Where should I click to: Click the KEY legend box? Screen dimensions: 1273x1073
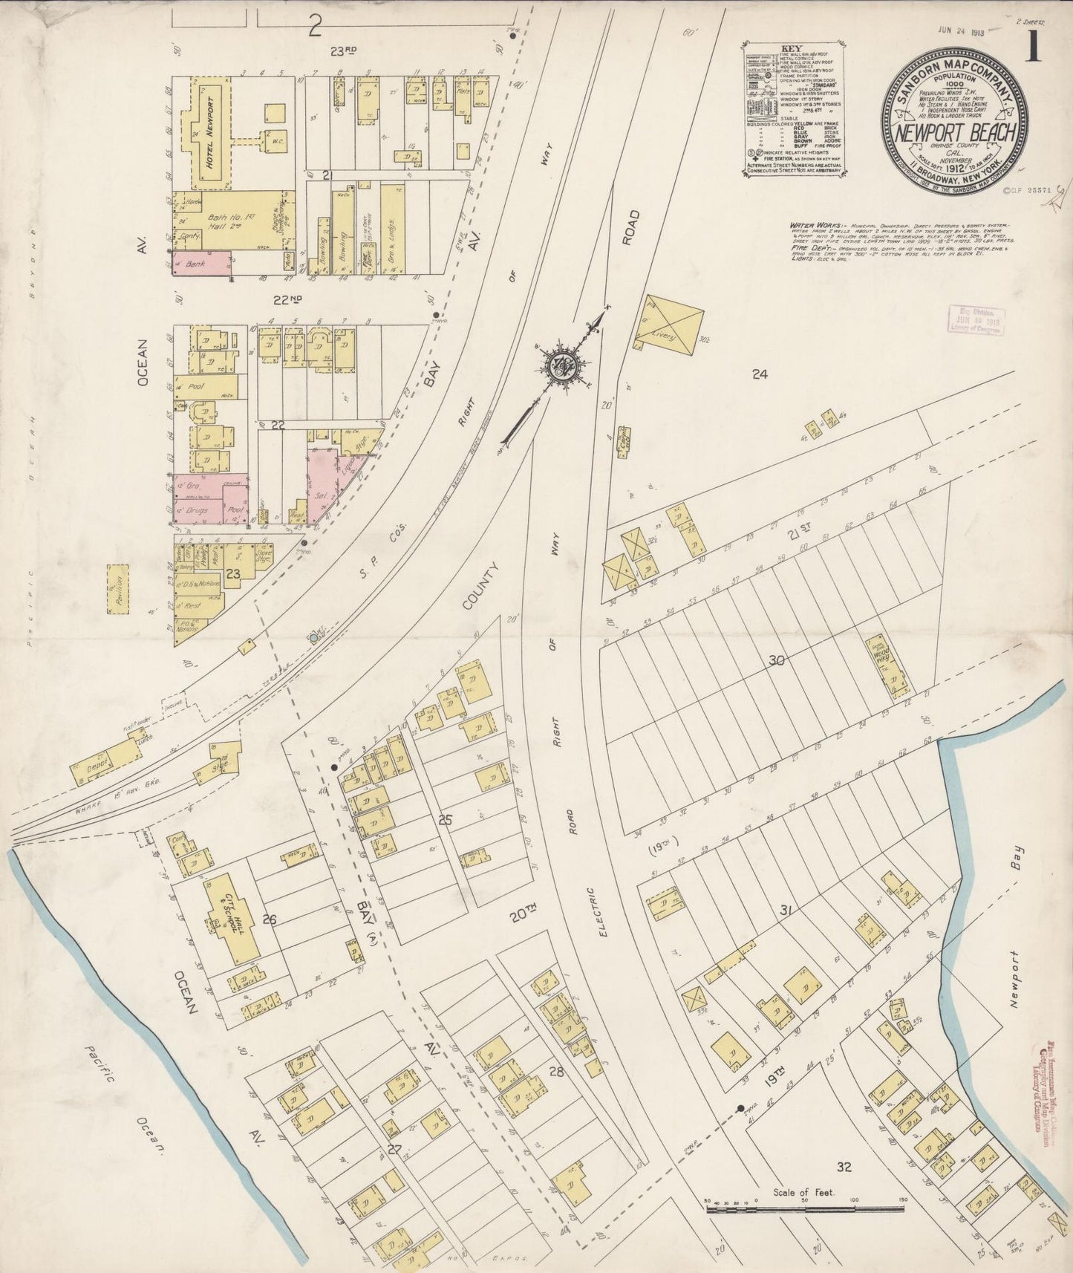[x=791, y=111]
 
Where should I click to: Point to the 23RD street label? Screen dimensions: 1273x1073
[x=344, y=51]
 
